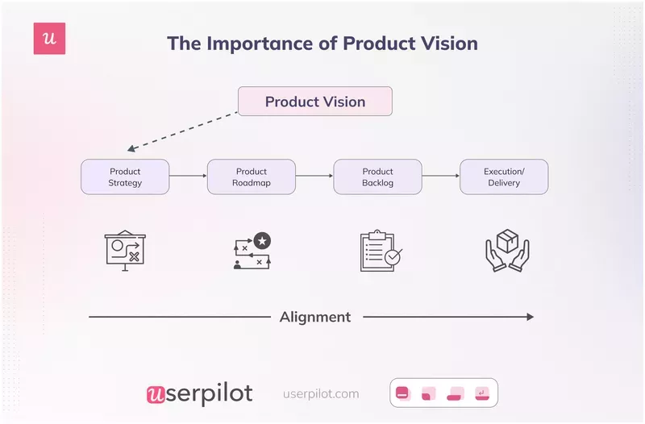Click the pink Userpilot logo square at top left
[49, 39]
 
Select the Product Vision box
[314, 102]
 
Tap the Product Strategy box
[125, 177]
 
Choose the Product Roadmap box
[252, 177]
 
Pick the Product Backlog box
[377, 177]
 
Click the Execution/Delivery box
[504, 177]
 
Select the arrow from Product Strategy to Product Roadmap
[188, 177]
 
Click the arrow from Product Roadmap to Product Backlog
[314, 177]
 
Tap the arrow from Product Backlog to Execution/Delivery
[440, 177]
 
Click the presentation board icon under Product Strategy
[125, 251]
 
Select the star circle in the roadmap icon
[261, 240]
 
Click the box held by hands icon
[506, 251]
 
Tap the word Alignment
[314, 317]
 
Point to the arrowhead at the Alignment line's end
[529, 317]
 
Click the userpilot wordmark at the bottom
[199, 393]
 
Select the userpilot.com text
[321, 393]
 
